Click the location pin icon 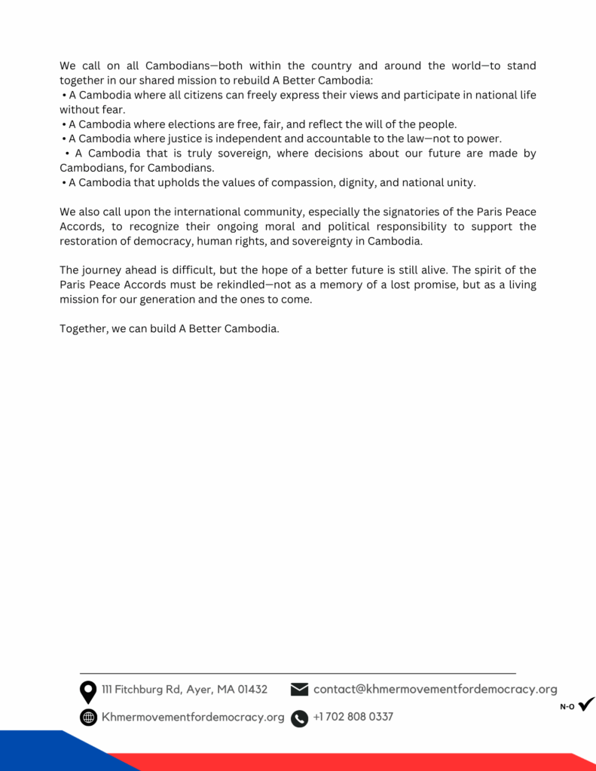(88, 691)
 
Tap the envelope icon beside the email (300, 690)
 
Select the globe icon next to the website (88, 718)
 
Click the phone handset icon (300, 718)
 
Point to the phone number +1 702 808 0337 (353, 717)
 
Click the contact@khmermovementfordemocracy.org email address (435, 689)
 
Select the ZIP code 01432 (252, 690)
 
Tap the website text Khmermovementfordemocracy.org (193, 718)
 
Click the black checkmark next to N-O (586, 705)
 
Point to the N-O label (567, 707)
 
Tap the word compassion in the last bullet (304, 183)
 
